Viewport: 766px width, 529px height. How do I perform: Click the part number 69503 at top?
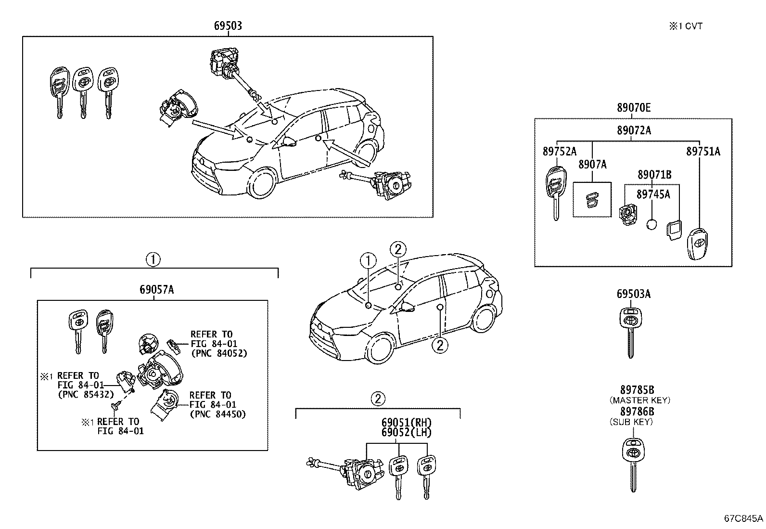228,26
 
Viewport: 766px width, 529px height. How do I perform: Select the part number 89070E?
634,108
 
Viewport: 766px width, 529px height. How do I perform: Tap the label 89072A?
634,130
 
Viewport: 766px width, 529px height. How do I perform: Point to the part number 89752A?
559,152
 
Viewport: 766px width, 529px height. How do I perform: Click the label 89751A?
703,152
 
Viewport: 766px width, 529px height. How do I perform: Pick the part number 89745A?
652,194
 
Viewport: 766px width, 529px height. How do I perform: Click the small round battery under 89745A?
652,225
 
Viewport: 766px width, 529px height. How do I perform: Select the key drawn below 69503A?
630,332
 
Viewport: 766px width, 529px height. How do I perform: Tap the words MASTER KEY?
639,400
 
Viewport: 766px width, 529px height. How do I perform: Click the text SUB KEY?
631,422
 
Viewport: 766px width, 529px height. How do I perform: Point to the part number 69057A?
156,290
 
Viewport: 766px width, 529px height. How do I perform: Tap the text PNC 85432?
85,395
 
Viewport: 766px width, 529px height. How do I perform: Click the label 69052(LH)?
407,432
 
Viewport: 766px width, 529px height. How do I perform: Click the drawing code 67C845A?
744,518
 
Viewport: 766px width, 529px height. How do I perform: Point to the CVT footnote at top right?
685,26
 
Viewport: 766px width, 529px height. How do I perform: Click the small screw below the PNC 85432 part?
115,407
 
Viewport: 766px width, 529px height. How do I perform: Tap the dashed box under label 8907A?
592,200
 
